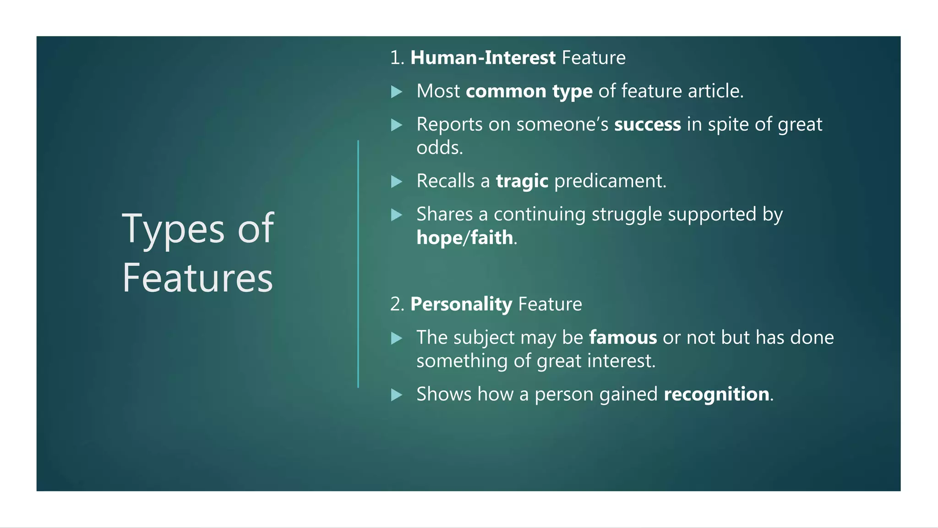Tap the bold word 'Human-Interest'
tap(483, 58)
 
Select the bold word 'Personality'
tap(461, 304)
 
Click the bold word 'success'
tap(647, 125)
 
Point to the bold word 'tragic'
tap(522, 181)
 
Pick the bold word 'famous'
tap(623, 338)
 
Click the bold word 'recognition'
tap(716, 394)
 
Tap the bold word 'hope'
tap(439, 238)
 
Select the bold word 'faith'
tap(491, 238)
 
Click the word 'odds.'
tap(440, 148)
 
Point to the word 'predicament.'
tap(610, 181)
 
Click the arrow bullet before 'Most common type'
tap(397, 92)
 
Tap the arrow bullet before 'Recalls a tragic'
tap(397, 182)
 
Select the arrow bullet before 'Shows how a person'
tap(397, 395)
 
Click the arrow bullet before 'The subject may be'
tap(397, 339)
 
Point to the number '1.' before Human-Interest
tap(397, 58)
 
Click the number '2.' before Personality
tap(397, 305)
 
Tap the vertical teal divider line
tap(358, 264)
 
